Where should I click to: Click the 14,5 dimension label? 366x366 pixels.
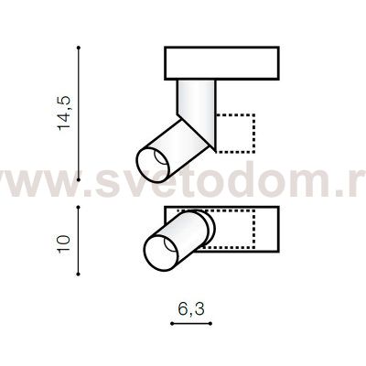click(64, 113)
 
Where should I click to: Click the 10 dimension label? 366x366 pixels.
click(64, 244)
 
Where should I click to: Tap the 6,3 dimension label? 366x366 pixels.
click(191, 309)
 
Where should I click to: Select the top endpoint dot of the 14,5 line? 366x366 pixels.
click(79, 48)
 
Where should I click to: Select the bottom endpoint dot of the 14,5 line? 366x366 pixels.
click(79, 180)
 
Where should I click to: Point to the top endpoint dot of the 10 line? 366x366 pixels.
click(79, 208)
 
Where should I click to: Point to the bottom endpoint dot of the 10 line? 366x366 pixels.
click(79, 274)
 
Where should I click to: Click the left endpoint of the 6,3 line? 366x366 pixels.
click(172, 323)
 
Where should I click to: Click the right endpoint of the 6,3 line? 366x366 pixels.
click(210, 323)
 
